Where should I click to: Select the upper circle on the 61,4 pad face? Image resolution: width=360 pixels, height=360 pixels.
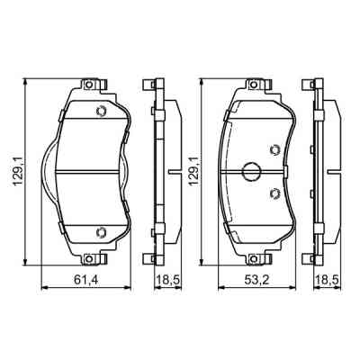point(101,112)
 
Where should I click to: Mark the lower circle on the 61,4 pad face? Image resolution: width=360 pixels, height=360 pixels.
point(101,233)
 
